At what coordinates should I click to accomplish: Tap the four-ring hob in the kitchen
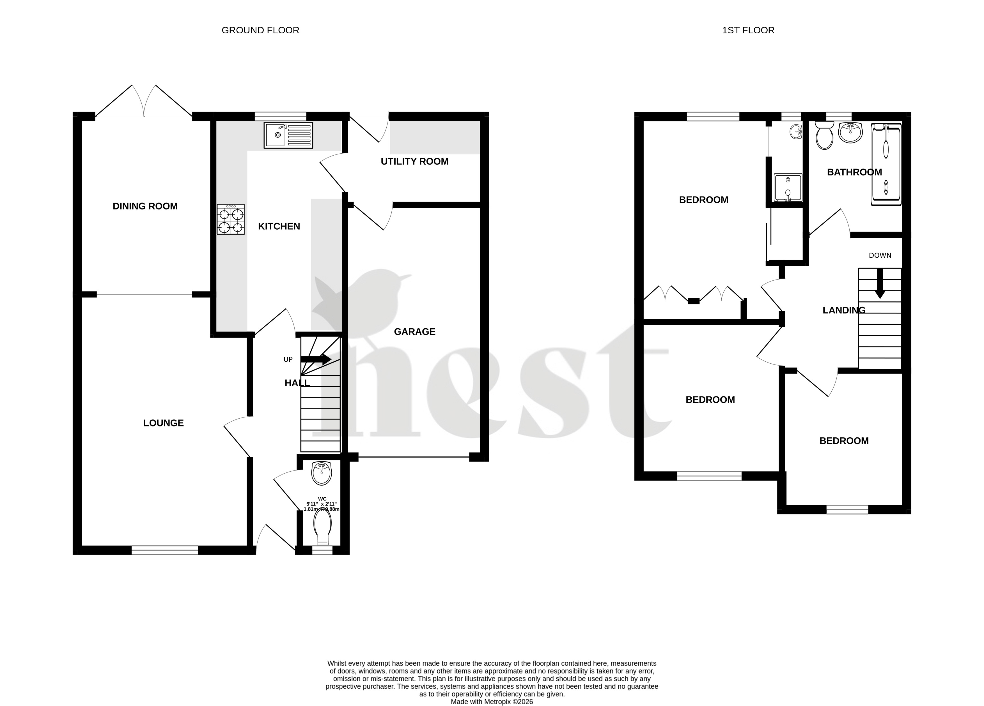pos(231,220)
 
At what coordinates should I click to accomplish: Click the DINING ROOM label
pos(145,206)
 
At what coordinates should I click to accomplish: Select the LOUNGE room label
pos(164,423)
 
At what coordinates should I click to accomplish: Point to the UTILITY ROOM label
pos(415,162)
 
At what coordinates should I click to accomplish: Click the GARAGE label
pos(415,332)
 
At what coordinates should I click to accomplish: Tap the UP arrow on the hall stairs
pos(316,359)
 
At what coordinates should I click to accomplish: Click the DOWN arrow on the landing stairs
pos(880,284)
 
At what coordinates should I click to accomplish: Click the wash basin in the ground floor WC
pos(322,474)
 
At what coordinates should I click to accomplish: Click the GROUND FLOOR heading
pos(260,30)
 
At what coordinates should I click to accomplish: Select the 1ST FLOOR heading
pos(748,30)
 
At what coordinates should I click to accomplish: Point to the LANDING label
pos(844,310)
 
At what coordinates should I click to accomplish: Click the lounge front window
pos(165,550)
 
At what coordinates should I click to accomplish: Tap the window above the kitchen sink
pos(280,116)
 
